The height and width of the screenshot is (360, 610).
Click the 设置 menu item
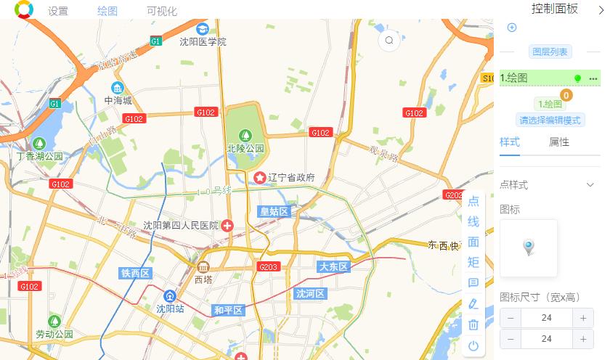[58, 12]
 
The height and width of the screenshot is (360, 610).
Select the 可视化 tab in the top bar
[161, 12]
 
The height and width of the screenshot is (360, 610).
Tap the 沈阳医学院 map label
[203, 41]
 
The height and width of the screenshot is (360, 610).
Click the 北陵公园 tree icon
[245, 135]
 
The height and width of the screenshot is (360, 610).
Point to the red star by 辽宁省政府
[260, 177]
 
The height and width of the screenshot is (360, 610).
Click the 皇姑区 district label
[274, 211]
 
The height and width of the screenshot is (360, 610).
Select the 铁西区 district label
[135, 274]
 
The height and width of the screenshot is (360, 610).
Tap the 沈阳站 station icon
[170, 295]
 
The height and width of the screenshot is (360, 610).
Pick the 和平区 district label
[228, 311]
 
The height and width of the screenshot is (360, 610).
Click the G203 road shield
[269, 267]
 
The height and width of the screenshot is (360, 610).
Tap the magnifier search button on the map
[389, 41]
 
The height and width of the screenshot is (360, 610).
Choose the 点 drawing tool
[473, 202]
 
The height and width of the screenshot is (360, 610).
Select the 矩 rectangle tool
[473, 262]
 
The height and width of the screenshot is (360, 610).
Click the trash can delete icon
[473, 324]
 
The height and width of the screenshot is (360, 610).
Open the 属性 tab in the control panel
[559, 142]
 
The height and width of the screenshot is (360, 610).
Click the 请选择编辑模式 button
[551, 120]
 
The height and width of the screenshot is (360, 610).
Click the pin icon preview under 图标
[529, 248]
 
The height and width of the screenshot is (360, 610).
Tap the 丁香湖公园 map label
[40, 156]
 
